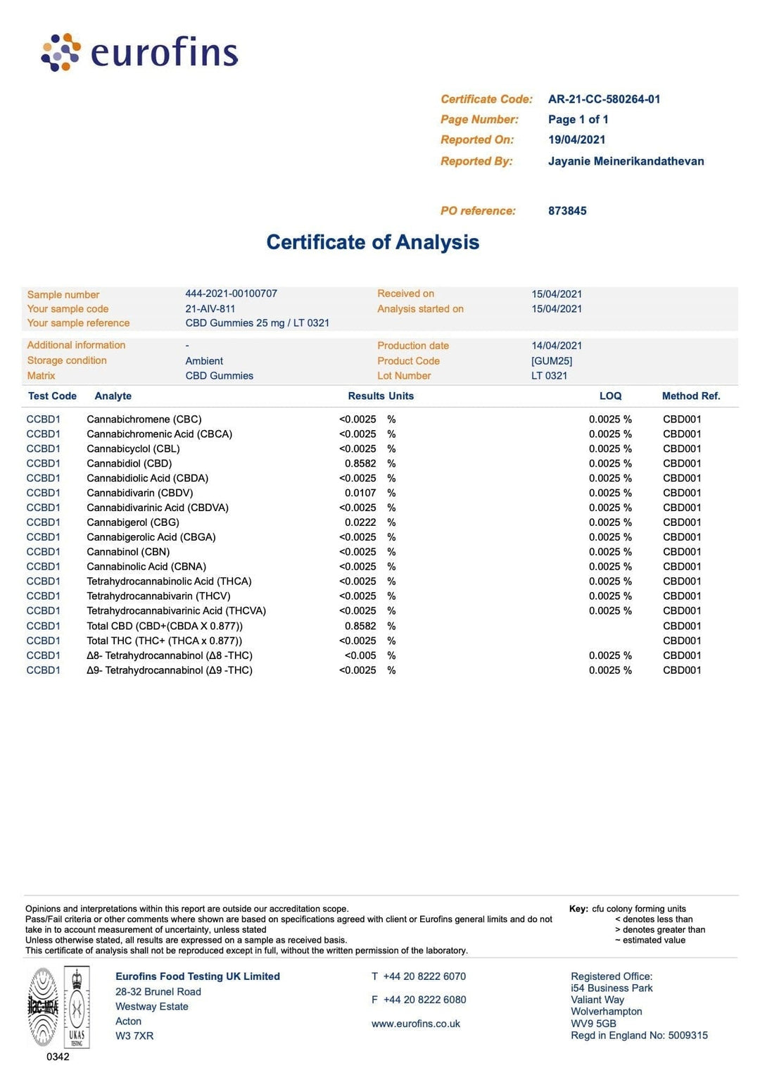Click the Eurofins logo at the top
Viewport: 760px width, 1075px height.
[139, 52]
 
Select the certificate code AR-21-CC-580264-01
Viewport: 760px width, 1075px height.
[604, 99]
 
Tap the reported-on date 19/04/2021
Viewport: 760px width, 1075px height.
[576, 139]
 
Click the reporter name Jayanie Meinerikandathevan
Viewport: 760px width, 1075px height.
[626, 161]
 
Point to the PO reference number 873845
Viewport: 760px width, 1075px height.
[567, 210]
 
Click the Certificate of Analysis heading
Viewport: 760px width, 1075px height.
[372, 242]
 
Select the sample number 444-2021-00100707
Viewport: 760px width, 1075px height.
[231, 294]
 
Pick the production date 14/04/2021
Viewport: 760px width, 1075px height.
[557, 346]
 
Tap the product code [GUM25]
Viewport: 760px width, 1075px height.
[552, 361]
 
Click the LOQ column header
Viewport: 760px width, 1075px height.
[610, 396]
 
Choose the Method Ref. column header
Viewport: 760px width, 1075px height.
[690, 396]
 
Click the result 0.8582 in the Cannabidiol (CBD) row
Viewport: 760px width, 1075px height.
[360, 464]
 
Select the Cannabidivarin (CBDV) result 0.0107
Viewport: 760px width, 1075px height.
[360, 494]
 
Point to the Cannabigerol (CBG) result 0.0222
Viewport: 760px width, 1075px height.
[360, 522]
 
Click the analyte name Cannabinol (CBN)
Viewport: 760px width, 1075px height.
[128, 552]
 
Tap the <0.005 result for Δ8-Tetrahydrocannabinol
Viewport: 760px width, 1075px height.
[360, 655]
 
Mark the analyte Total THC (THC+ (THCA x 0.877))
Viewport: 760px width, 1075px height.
[164, 641]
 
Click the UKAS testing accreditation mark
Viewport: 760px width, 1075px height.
[77, 1007]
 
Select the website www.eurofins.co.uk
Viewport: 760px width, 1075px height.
[415, 1024]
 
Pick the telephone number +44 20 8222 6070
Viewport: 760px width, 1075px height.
[424, 976]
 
